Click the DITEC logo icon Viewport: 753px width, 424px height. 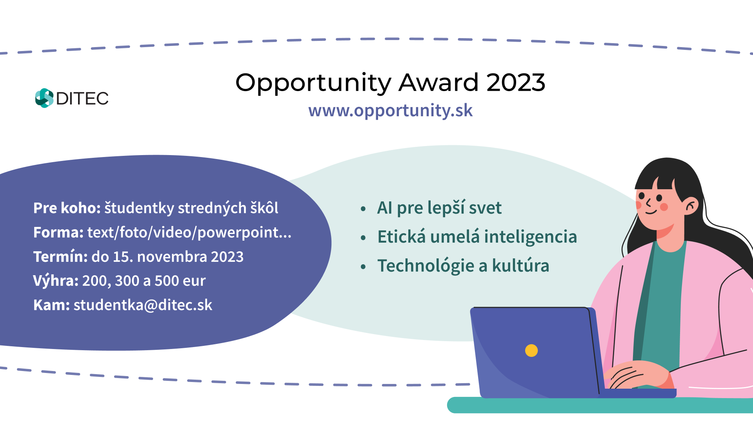coord(44,98)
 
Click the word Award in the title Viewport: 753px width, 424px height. coord(439,82)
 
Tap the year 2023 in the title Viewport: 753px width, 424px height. coord(516,82)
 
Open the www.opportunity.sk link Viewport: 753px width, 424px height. coord(390,111)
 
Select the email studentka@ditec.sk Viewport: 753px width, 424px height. coord(143,305)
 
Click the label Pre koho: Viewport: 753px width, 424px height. coord(67,208)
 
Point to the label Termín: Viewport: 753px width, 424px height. coord(60,256)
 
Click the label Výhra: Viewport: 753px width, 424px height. coord(56,281)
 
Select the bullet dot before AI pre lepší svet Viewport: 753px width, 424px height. coord(363,209)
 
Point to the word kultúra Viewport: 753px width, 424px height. coord(520,265)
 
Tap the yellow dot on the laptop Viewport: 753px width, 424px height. coord(531,350)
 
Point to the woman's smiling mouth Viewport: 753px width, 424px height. coord(651,212)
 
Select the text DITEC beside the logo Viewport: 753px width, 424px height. coord(82,99)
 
